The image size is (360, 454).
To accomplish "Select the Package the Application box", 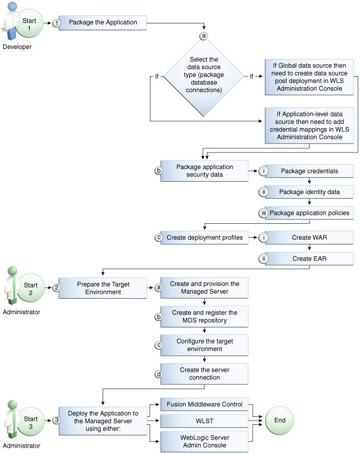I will pos(103,23).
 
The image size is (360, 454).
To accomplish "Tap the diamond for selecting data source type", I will pos(202,75).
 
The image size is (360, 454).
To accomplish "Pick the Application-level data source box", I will pos(309,125).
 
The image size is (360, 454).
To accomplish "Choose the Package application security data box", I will pos(204,171).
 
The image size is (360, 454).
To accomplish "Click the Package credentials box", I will pos(309,171).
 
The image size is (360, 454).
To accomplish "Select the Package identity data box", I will pos(309,192).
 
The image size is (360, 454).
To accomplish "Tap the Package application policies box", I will pos(309,213).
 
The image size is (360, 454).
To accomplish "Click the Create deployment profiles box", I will pos(204,238).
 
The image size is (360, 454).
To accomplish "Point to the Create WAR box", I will pos(309,238).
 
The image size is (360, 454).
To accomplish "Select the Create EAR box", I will pos(309,258).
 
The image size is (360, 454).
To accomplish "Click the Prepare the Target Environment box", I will pos(103,288).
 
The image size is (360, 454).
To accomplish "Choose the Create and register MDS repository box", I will pos(204,316).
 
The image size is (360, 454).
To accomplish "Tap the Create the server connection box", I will pos(204,374).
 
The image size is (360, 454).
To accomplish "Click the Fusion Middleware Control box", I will pos(204,405).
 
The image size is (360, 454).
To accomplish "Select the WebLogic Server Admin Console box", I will pos(204,441).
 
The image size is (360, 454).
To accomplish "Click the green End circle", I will pos(280,420).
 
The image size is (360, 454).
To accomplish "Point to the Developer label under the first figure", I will pos(17,47).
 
